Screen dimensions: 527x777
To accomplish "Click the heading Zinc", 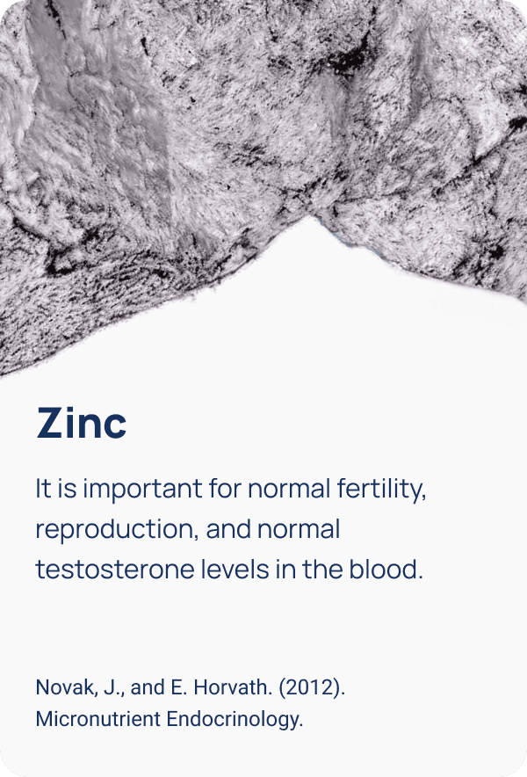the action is click(82, 423).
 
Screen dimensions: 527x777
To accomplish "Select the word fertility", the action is click(381, 489).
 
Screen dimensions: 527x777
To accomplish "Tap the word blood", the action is click(386, 569).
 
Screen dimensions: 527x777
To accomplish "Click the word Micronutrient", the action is click(98, 719).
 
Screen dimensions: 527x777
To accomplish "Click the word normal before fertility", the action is click(289, 489).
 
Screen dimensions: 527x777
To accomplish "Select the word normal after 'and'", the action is click(299, 529).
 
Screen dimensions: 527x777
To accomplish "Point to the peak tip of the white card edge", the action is click(311, 217).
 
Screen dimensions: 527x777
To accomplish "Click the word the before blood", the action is click(323, 569).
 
